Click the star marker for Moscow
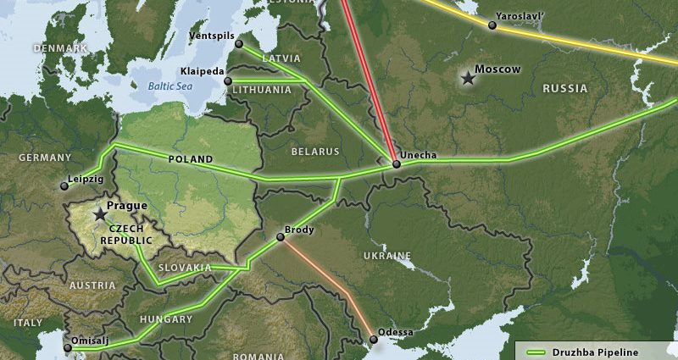coord(467,78)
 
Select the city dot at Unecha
coord(396,163)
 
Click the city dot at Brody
coord(281,237)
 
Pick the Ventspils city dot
coord(239,44)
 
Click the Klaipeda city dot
coord(227,81)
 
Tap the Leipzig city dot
coord(64,186)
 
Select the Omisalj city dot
coord(68,347)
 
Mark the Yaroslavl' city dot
coord(492,25)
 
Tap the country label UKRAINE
coord(386,256)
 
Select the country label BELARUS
coord(314,152)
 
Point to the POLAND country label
coord(190,159)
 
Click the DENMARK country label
coord(60,49)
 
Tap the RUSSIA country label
coord(564,88)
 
